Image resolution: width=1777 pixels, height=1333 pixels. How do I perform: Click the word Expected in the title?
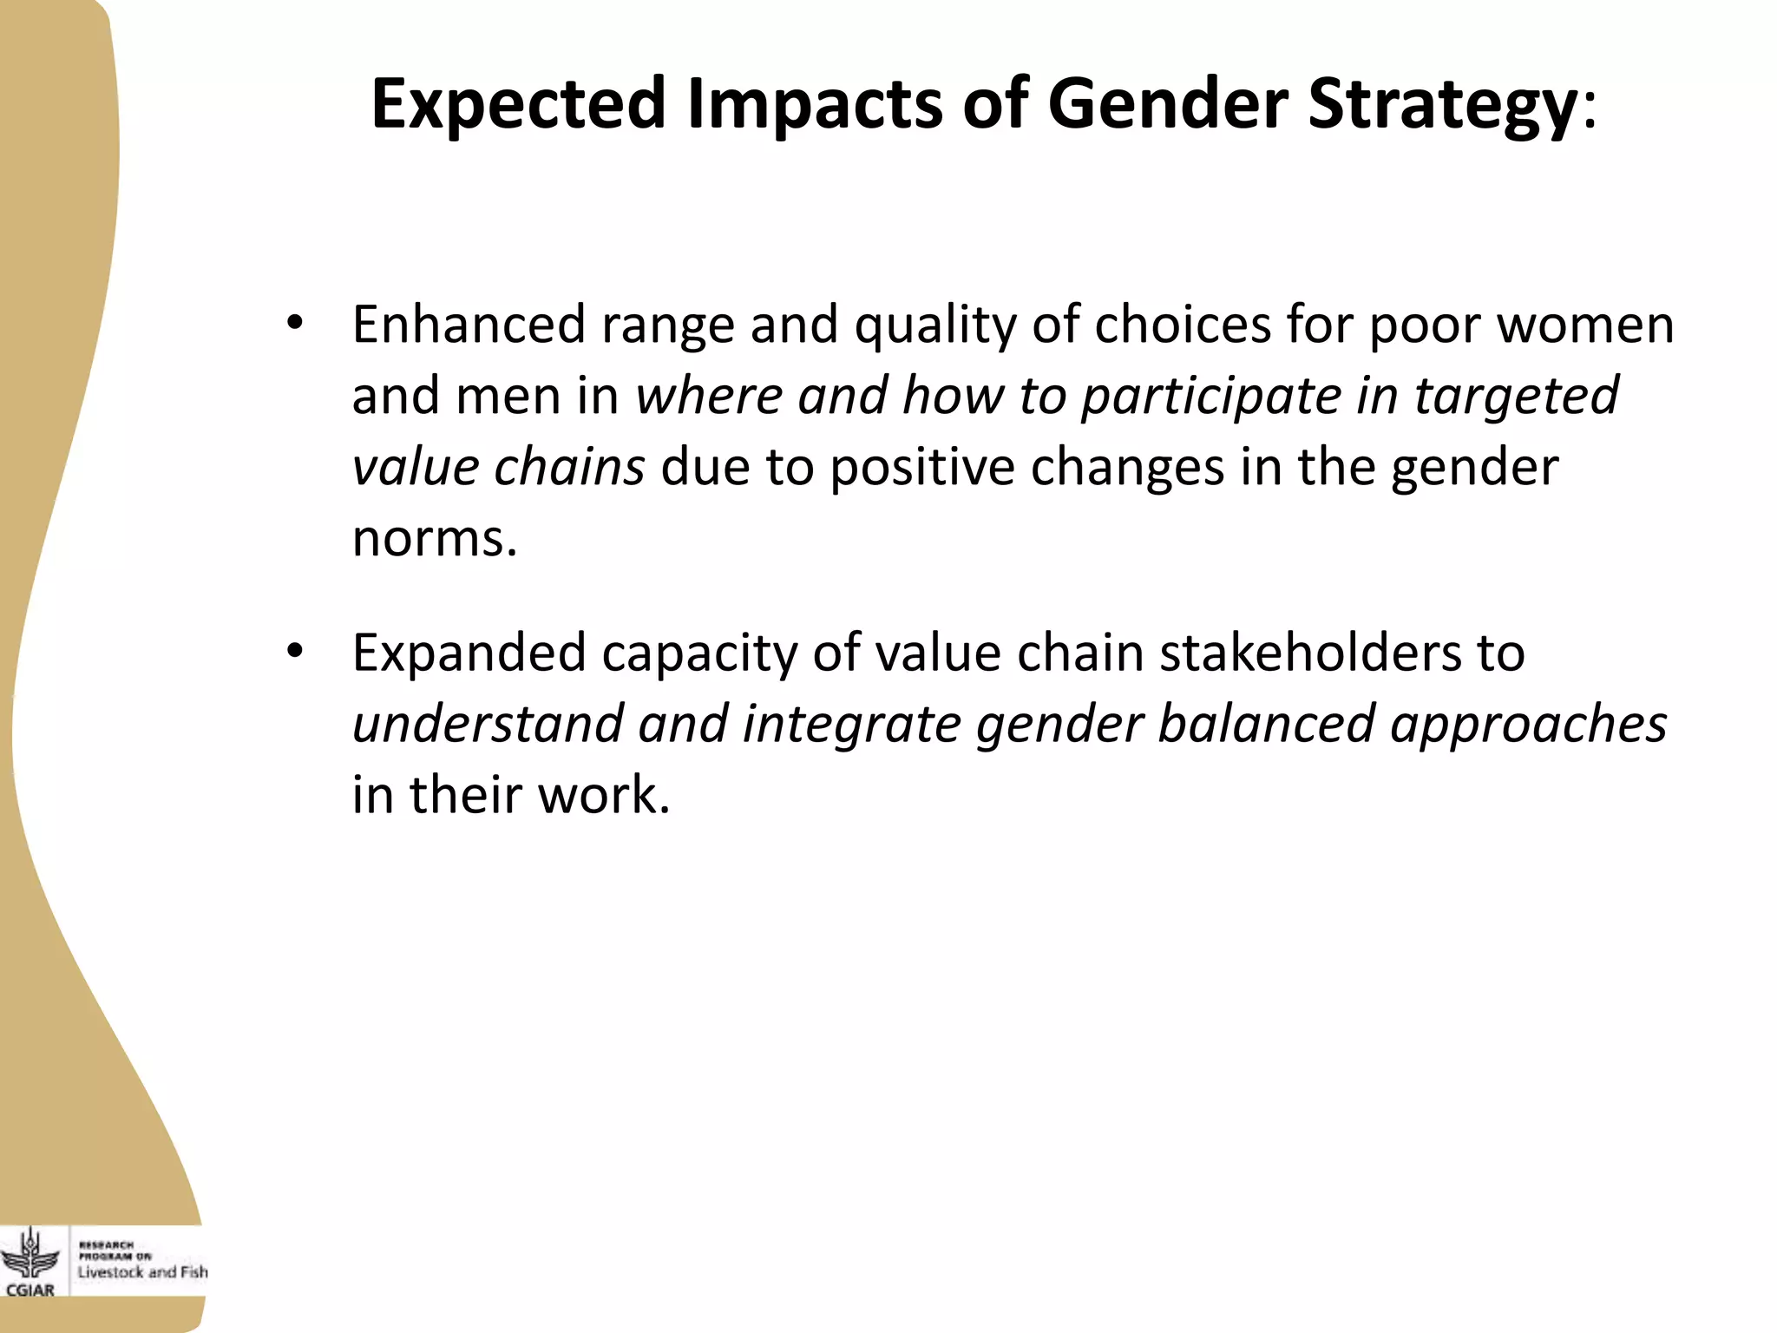(x=518, y=104)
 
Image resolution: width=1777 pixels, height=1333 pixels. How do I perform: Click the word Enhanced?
(x=469, y=325)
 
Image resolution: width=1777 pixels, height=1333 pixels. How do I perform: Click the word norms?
(x=434, y=539)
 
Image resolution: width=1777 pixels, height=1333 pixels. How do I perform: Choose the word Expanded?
(x=469, y=653)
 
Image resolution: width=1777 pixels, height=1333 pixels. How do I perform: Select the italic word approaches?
(x=1528, y=726)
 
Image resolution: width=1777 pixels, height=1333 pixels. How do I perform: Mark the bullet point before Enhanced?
(x=295, y=323)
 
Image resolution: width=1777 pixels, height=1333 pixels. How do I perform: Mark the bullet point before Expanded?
(x=295, y=651)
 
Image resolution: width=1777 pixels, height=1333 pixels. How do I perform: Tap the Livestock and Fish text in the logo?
(x=143, y=1272)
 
